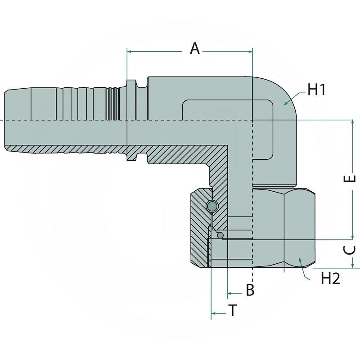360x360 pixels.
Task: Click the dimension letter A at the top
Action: pos(194,48)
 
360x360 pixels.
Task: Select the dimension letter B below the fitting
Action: pos(250,290)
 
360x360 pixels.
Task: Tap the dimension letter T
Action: pos(232,310)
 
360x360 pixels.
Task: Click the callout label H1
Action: pos(316,90)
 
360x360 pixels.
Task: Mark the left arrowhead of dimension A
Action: pos(130,52)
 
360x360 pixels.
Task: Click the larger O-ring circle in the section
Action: pos(212,207)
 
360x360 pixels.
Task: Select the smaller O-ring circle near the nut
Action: pos(220,235)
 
